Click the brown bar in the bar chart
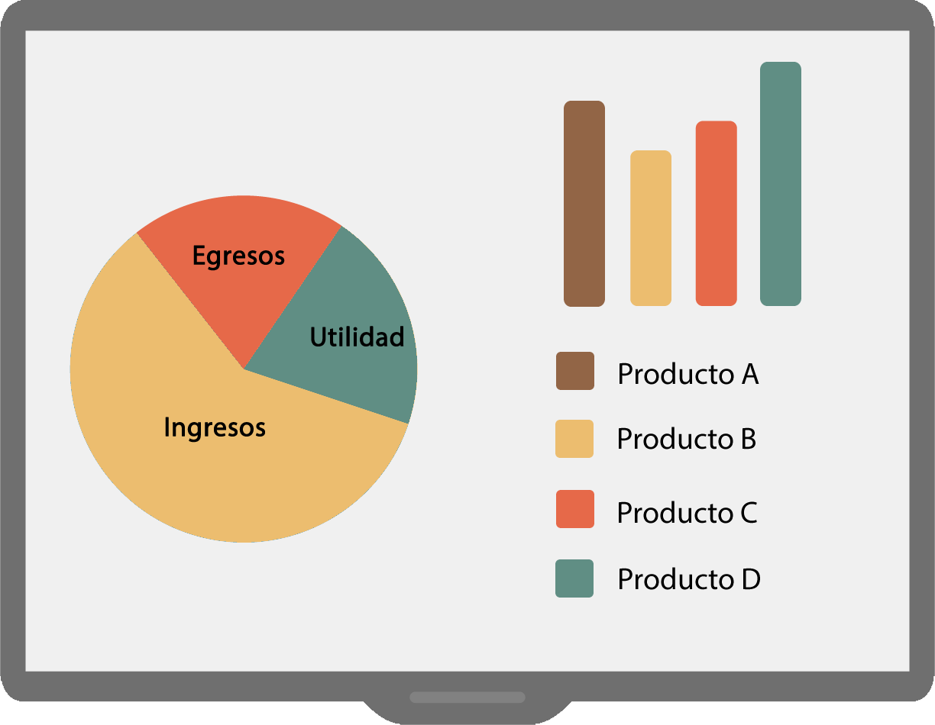(584, 204)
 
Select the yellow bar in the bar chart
(651, 228)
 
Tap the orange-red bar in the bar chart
(716, 214)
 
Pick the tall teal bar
(781, 184)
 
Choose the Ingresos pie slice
(206, 430)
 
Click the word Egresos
(238, 256)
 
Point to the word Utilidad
(357, 337)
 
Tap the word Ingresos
(215, 428)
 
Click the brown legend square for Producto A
(575, 371)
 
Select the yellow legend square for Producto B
(574, 439)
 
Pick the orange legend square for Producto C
(575, 509)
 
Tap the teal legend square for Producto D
(574, 578)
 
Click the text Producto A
(688, 374)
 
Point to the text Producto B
(687, 440)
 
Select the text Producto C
(687, 513)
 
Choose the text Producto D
(689, 579)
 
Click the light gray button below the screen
(467, 697)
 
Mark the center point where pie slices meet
(244, 369)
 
